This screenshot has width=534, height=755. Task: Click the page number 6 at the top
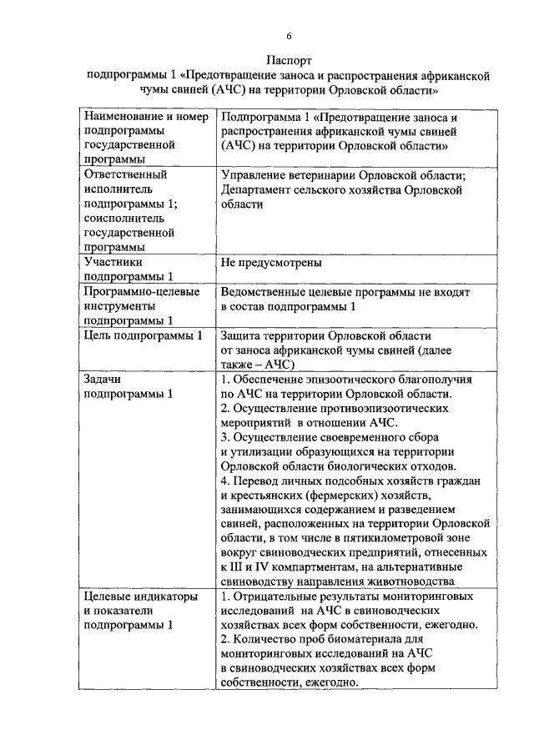pos(289,37)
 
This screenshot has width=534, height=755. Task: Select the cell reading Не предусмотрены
pos(271,263)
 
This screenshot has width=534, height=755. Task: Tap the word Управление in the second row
pos(257,176)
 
